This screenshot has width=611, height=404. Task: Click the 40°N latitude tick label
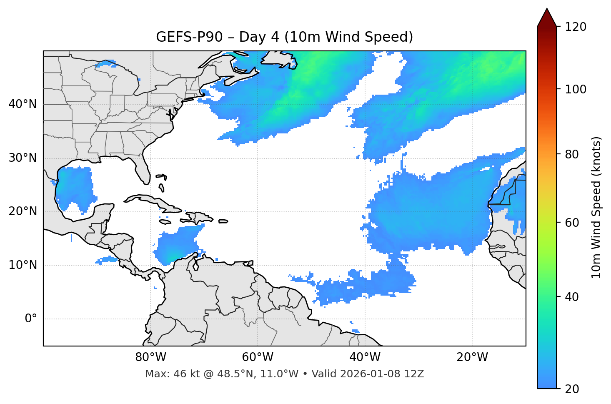(23, 104)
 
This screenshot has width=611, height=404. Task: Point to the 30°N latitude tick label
(23, 158)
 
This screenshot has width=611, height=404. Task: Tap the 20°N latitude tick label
(23, 211)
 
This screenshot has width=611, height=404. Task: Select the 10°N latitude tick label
(23, 265)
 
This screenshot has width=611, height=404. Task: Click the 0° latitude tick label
(31, 319)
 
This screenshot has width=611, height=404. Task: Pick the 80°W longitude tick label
(150, 357)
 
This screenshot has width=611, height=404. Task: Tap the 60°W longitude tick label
(258, 357)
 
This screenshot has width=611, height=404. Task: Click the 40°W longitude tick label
(365, 357)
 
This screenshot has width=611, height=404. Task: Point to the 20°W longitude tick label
(472, 357)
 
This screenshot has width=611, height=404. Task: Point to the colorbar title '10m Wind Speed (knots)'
(596, 207)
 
